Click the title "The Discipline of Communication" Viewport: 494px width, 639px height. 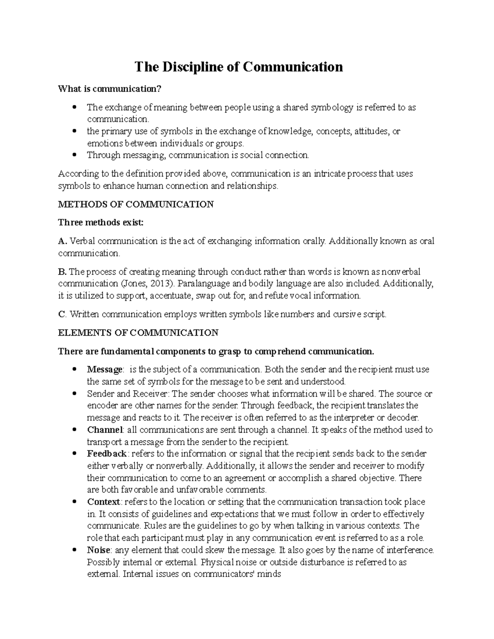[x=239, y=67]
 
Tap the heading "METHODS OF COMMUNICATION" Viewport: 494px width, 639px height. [x=136, y=204]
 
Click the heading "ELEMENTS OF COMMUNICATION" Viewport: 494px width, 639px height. [x=138, y=332]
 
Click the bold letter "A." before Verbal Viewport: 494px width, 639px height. [x=63, y=241]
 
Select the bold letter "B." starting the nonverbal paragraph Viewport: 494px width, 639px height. [x=63, y=272]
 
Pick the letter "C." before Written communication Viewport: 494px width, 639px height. [x=63, y=314]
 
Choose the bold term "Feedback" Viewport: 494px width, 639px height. [x=107, y=454]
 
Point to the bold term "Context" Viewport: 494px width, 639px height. [x=103, y=502]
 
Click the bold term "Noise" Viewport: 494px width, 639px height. [x=98, y=550]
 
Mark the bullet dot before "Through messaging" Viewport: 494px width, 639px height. [x=75, y=156]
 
